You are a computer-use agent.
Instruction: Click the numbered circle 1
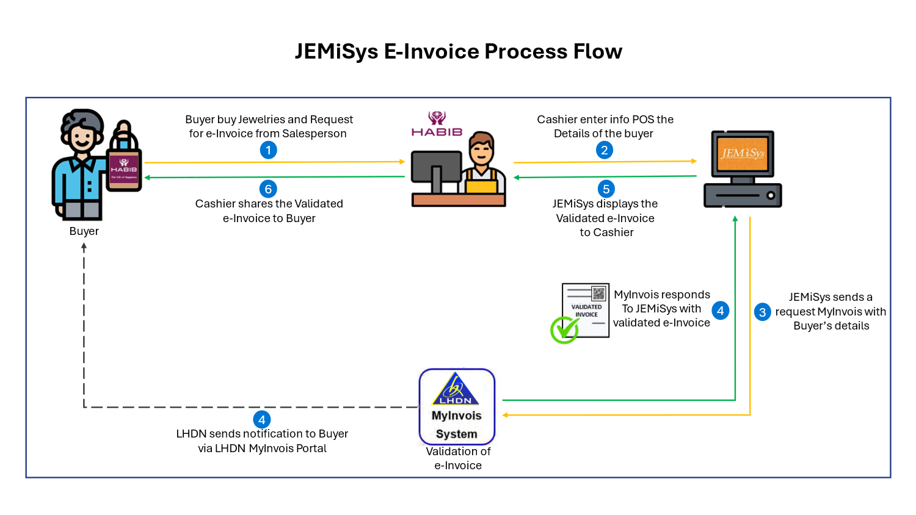(x=268, y=150)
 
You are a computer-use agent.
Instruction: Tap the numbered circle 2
(x=604, y=150)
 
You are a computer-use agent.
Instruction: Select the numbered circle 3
(x=762, y=312)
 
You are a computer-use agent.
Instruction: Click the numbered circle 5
(x=606, y=189)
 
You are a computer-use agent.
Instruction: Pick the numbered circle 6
(x=268, y=189)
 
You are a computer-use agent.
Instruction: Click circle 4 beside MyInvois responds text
(x=721, y=311)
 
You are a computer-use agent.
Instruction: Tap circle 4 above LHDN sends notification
(x=261, y=420)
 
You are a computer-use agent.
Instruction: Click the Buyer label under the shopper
(x=84, y=231)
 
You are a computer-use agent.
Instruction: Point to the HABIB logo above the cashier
(x=437, y=124)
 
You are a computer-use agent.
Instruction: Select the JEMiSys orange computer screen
(x=743, y=153)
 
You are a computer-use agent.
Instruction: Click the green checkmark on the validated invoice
(x=564, y=330)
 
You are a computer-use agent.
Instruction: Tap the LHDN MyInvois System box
(x=457, y=406)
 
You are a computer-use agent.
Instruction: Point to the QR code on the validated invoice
(x=598, y=294)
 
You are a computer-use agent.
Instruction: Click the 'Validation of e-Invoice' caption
(x=458, y=458)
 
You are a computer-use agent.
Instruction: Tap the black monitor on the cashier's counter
(x=435, y=167)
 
